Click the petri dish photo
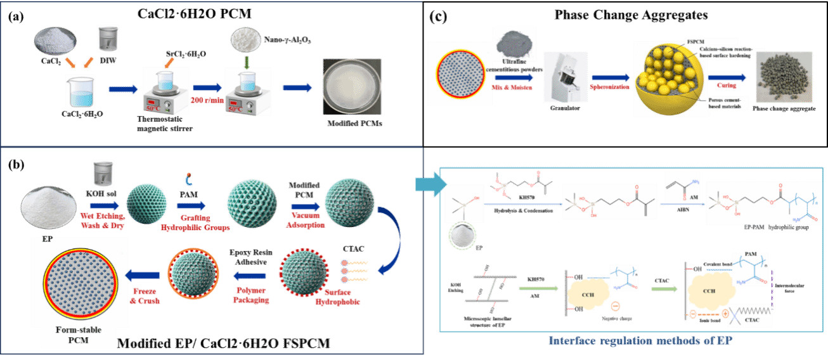[352, 87]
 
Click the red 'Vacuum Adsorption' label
[307, 220]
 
